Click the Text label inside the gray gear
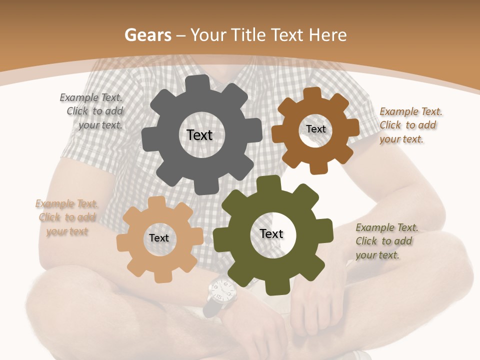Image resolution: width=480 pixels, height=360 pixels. tap(199, 135)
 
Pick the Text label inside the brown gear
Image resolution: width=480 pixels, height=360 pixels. tap(315, 129)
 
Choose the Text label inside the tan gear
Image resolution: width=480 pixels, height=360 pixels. tap(159, 238)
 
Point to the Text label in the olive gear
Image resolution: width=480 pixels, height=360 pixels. tap(271, 233)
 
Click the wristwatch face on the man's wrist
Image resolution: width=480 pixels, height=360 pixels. tap(221, 288)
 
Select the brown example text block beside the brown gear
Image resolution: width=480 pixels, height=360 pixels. tap(409, 125)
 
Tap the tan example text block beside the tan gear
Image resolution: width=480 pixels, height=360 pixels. tap(66, 217)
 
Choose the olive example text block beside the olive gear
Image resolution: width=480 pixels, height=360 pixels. tap(386, 241)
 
